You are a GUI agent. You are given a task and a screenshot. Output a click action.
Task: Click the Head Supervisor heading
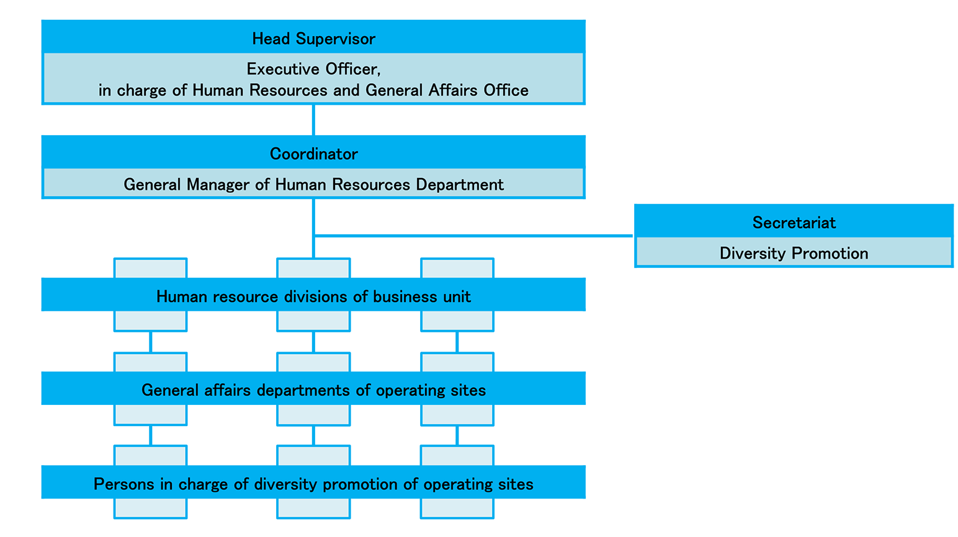[x=313, y=38]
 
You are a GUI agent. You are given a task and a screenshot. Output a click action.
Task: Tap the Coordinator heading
[x=313, y=154]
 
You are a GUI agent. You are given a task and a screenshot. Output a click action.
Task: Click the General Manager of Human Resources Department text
[x=313, y=184]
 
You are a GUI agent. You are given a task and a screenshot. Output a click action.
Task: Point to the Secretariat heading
[x=794, y=223]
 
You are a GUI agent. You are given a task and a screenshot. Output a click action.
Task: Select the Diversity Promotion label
[x=794, y=253]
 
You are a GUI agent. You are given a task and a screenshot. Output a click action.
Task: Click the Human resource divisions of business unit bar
[x=313, y=296]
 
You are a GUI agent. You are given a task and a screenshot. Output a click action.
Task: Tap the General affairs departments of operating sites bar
[x=313, y=390]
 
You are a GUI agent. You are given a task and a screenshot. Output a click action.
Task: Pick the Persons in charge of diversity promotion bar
[x=313, y=484]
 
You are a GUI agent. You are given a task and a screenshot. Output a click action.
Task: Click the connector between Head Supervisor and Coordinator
[x=313, y=120]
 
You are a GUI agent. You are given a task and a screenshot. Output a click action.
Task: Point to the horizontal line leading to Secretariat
[x=472, y=236]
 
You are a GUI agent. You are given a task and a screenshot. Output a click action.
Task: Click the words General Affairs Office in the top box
[x=447, y=91]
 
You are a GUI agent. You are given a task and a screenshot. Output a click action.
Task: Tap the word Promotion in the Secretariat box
[x=832, y=253]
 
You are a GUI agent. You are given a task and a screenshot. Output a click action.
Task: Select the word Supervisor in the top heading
[x=336, y=38]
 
